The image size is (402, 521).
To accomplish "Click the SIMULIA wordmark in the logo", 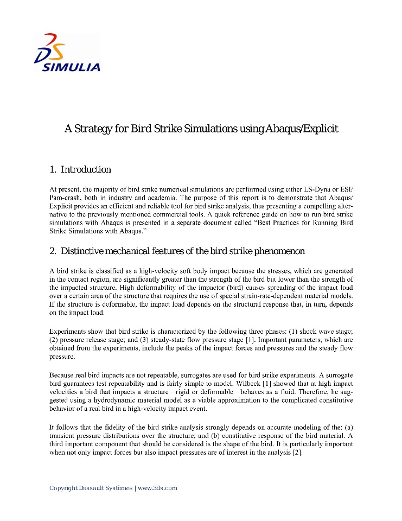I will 71,68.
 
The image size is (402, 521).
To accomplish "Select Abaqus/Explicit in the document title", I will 301,129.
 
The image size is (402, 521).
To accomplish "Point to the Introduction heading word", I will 86,170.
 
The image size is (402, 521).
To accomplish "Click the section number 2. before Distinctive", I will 53,251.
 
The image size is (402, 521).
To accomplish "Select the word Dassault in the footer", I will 95,488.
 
